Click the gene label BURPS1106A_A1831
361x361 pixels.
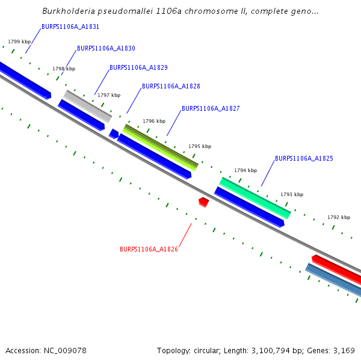[70, 27]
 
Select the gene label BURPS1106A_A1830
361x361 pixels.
[106, 48]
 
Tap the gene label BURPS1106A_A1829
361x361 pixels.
[138, 68]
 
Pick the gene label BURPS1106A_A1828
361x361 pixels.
[171, 87]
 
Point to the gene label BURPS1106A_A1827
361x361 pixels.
[211, 109]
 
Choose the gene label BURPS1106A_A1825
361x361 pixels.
[304, 159]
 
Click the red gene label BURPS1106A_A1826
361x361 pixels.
[149, 249]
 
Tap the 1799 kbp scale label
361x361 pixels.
[19, 42]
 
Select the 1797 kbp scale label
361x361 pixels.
[109, 95]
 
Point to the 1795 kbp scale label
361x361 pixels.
[200, 146]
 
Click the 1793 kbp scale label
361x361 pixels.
[292, 194]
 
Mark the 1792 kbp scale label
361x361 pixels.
[339, 217]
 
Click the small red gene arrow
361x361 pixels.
[203, 201]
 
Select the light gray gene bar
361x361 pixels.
[88, 106]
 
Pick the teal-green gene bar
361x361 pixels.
[255, 197]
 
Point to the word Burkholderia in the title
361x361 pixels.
[68, 11]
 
